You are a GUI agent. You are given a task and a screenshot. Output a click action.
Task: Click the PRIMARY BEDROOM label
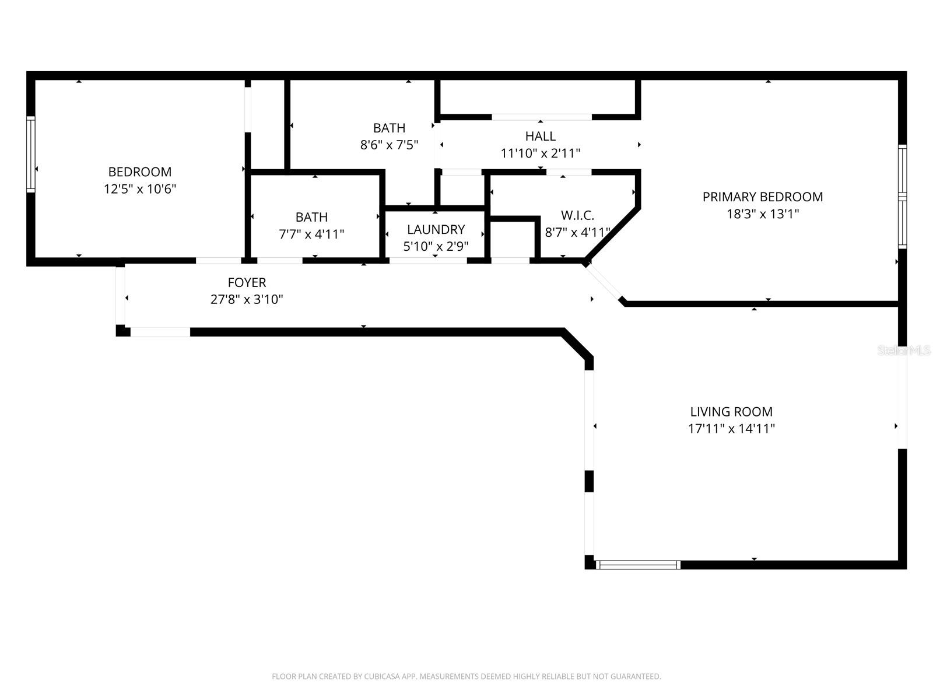pos(762,197)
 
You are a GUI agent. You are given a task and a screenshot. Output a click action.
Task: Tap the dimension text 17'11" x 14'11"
pos(731,429)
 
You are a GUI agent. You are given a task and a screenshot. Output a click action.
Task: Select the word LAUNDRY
pos(436,230)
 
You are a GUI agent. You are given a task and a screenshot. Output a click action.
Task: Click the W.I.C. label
pos(577,215)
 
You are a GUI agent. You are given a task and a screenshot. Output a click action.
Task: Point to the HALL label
pos(540,136)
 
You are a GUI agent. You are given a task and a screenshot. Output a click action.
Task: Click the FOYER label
pos(247,283)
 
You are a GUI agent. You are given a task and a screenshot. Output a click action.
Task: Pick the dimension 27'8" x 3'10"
pos(247,300)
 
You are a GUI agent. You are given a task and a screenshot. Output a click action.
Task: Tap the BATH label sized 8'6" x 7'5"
pos(389,128)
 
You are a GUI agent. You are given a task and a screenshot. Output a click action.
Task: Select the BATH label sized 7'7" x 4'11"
pos(311,218)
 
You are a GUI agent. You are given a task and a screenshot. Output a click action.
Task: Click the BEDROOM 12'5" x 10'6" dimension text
pos(140,189)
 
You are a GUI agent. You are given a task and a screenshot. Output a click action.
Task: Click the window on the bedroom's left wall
pos(31,154)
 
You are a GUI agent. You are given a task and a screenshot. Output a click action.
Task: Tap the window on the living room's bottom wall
pos(638,565)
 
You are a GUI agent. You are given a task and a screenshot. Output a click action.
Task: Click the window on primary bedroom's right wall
pos(902,196)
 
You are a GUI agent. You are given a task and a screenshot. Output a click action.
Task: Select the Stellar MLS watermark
pos(903,351)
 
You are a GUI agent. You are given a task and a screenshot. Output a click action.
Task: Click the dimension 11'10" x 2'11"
pos(540,153)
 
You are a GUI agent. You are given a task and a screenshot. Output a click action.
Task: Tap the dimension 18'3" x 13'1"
pos(762,214)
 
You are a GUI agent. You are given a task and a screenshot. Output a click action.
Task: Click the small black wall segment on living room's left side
pos(589,482)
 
